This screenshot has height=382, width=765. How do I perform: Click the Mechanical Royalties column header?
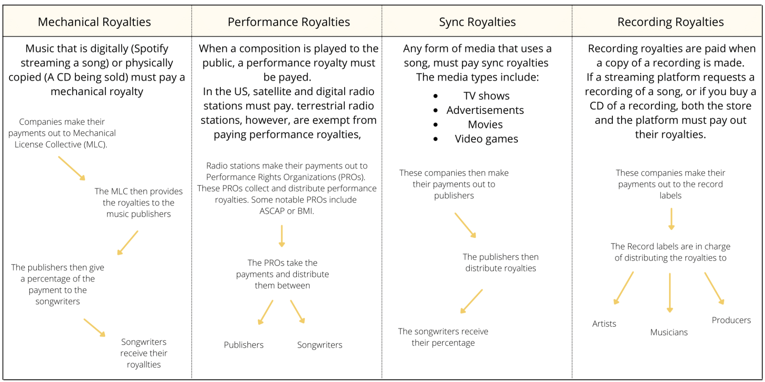point(94,22)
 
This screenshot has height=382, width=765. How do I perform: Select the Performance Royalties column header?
point(288,22)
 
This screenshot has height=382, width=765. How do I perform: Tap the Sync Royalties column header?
point(477,22)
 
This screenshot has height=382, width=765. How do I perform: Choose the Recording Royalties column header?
point(670,22)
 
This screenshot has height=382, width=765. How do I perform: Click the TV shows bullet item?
point(486,96)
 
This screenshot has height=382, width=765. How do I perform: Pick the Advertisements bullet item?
point(485,110)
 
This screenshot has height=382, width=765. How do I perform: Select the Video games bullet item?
point(486,139)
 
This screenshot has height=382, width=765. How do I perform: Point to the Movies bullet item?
point(485,125)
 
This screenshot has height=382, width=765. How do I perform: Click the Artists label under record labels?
point(604,324)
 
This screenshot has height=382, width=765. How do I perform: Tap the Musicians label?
point(669,332)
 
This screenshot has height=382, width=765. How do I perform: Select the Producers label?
point(731,320)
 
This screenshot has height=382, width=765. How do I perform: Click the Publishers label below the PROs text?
point(243,345)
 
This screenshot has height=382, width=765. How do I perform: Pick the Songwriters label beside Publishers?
point(320,345)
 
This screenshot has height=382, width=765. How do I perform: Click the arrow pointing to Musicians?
point(670,292)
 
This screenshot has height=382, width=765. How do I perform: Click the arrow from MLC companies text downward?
point(72,168)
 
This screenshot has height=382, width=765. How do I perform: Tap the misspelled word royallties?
point(144,364)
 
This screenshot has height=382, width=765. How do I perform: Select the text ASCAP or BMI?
point(286,211)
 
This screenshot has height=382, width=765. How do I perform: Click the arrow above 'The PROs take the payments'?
point(282,236)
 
